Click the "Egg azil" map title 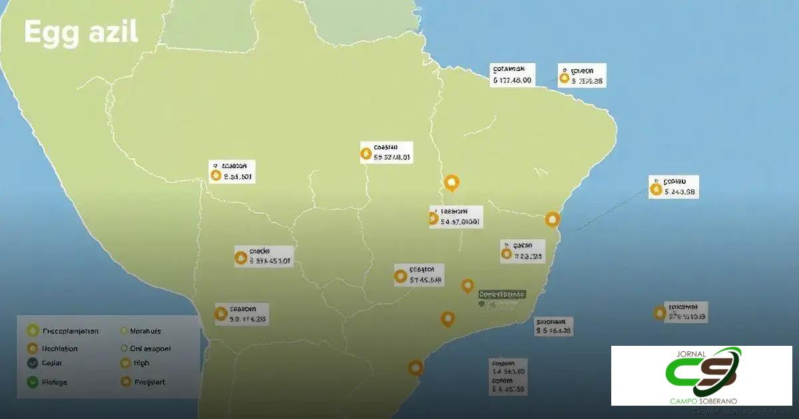(81, 33)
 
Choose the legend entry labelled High (140, 363)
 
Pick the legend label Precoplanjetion (70, 331)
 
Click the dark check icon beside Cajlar (31, 363)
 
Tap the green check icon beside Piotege (31, 382)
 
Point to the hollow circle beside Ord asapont (124, 348)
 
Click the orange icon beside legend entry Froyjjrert (124, 382)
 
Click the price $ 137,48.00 (512, 80)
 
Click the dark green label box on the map (502, 294)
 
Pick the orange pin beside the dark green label (467, 286)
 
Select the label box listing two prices (507, 378)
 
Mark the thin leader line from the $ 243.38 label (613, 209)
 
